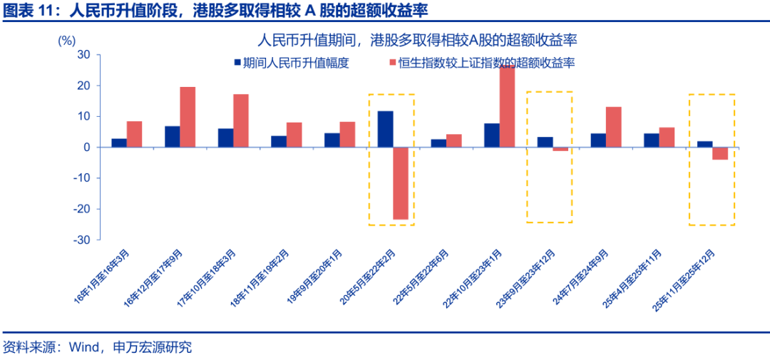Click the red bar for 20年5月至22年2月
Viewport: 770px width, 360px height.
(401, 183)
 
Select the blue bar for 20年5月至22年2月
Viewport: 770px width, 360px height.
(385, 129)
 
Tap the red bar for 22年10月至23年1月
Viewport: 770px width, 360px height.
(507, 106)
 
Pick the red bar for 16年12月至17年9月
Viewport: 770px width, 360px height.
(188, 117)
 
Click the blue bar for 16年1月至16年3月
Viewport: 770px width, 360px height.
(119, 143)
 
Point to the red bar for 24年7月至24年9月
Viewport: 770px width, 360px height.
(613, 127)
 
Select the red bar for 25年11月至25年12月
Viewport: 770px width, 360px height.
(720, 153)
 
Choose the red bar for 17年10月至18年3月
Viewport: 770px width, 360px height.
(241, 120)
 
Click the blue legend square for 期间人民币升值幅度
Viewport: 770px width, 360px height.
(237, 63)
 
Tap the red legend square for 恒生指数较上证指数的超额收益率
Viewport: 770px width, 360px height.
(391, 63)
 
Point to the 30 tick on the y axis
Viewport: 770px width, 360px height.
(83, 55)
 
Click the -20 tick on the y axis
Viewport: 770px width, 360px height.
(81, 209)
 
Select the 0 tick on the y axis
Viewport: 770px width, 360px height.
(86, 148)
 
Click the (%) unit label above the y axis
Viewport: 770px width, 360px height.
(66, 41)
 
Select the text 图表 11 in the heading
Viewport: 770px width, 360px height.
(28, 11)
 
